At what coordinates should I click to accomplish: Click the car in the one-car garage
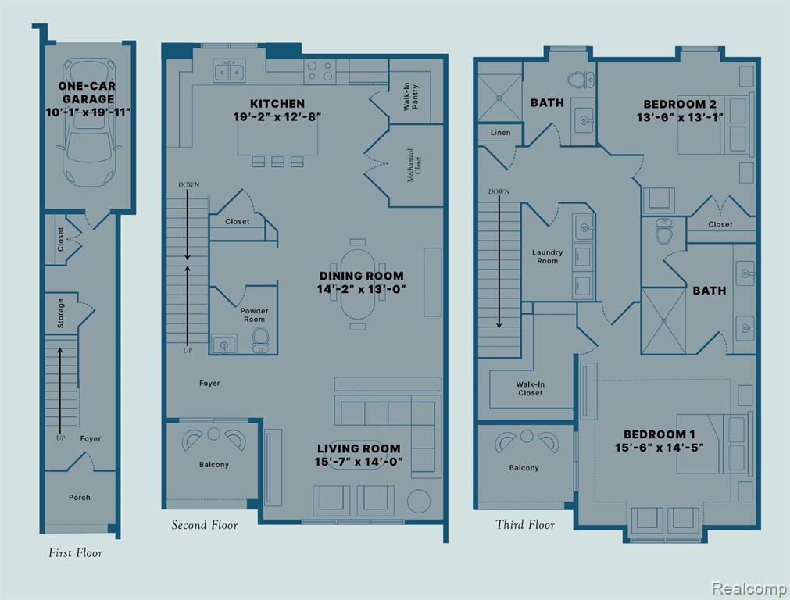coord(89,123)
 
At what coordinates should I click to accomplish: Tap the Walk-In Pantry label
coord(410,97)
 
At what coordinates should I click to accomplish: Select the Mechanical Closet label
coord(414,166)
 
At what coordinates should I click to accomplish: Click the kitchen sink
coord(229,70)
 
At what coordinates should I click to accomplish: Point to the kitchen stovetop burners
coord(320,71)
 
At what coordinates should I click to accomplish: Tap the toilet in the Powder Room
coord(261,340)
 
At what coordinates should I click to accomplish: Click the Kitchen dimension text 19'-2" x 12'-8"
coord(277,117)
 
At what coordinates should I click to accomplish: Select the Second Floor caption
coord(204,525)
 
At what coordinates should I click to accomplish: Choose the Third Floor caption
coord(525,524)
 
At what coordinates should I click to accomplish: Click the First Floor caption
coord(75,552)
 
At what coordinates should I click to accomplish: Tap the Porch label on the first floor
coord(80,497)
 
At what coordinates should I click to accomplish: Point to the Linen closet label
coord(500,133)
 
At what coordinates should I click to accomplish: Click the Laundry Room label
coord(547,256)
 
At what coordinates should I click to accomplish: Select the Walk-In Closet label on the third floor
coord(530,388)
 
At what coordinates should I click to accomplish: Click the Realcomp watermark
coord(749,587)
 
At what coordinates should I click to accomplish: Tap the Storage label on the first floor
coord(61,313)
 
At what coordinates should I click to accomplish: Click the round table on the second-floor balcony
coord(214,434)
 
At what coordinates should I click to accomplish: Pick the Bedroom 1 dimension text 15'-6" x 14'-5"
coord(659,448)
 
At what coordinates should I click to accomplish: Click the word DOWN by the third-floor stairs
coord(499,191)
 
